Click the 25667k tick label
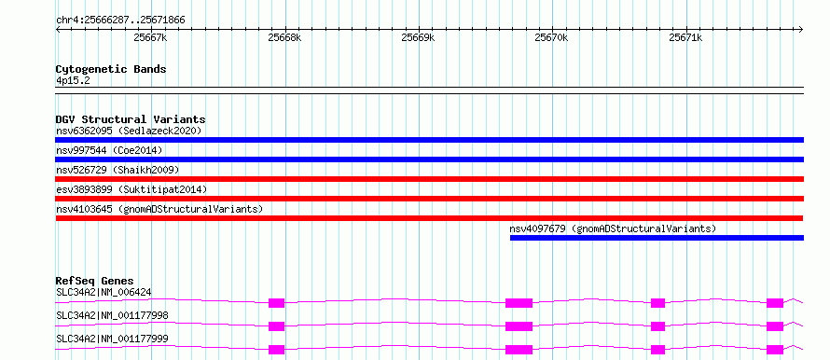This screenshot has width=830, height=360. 151,37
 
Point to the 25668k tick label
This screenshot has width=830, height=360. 284,37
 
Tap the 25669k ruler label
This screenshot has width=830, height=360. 418,37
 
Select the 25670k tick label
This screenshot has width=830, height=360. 552,37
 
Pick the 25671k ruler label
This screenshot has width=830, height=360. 686,37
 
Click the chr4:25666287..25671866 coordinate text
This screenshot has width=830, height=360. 120,21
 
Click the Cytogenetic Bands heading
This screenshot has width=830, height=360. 111,69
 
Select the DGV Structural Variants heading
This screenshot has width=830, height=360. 131,119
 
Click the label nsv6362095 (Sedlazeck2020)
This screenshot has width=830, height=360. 129,131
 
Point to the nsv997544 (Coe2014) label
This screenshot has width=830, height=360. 109,150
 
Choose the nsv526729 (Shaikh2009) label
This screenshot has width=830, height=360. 118,170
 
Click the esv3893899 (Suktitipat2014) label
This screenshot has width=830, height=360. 131,189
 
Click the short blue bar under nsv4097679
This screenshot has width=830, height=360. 657,238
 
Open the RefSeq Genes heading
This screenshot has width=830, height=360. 95,281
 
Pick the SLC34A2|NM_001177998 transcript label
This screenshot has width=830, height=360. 112,315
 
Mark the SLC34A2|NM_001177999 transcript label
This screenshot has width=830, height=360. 112,339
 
